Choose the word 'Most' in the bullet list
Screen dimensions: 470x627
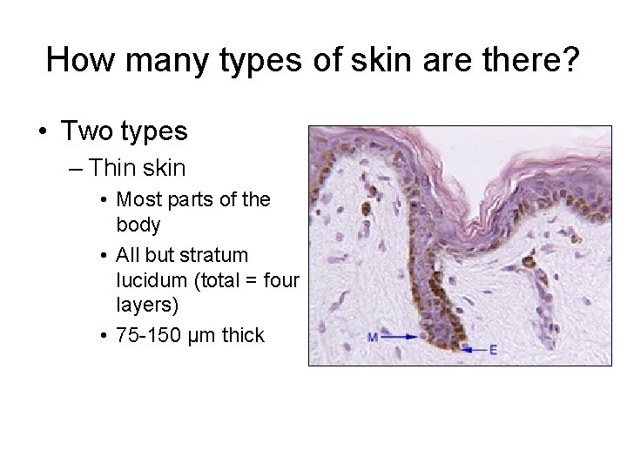tap(139, 199)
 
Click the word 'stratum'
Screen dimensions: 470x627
tap(211, 256)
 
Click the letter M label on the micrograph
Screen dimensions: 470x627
tap(373, 336)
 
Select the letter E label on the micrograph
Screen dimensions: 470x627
tap(493, 351)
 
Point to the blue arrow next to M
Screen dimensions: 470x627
tap(400, 335)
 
